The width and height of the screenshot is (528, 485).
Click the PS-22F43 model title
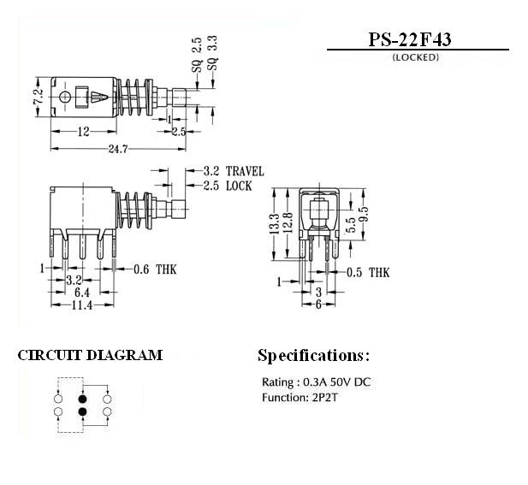tap(409, 39)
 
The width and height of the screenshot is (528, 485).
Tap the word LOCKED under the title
tap(416, 57)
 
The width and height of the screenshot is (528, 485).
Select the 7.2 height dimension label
tap(39, 97)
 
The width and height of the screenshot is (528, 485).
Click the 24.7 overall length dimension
tap(118, 149)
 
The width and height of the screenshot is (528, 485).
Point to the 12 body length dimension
tap(84, 132)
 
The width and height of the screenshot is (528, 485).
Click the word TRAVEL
tap(245, 171)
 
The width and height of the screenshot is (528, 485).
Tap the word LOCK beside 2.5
tap(239, 186)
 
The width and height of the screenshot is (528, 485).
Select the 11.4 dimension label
tap(82, 305)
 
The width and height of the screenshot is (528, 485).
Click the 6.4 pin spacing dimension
tap(82, 293)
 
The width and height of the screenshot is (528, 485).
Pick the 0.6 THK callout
tap(155, 269)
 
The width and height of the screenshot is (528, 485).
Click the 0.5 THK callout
tap(368, 272)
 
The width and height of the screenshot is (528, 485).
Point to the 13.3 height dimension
tap(275, 223)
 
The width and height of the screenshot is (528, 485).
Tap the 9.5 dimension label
tap(364, 215)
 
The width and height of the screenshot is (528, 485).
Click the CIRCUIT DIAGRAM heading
tap(90, 356)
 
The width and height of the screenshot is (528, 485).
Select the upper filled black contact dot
tap(82, 399)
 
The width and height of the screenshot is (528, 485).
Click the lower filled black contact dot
tap(82, 411)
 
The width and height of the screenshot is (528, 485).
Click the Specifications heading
tap(313, 356)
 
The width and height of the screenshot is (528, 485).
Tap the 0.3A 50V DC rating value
tap(336, 382)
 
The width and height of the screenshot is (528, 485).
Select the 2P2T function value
tap(323, 398)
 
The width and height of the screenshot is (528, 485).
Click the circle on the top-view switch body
tap(64, 98)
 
